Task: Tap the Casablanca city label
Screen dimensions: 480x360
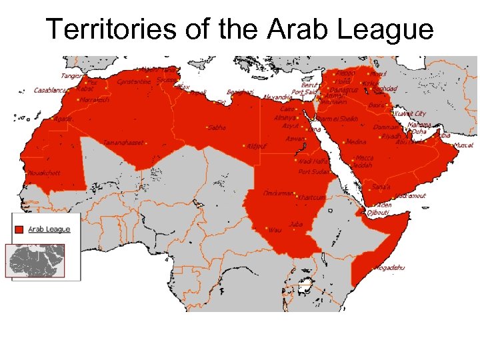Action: [51, 90]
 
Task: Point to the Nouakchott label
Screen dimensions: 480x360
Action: [43, 173]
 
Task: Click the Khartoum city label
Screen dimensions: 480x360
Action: [311, 197]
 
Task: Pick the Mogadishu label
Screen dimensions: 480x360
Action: [389, 268]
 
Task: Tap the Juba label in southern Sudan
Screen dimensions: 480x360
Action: [296, 224]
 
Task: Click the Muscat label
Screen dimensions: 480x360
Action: [463, 145]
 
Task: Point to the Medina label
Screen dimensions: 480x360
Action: [356, 141]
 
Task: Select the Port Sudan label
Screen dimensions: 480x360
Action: [314, 171]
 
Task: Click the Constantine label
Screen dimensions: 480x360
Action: [134, 82]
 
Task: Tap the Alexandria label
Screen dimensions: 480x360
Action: [277, 97]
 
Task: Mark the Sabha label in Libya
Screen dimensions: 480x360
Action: [217, 127]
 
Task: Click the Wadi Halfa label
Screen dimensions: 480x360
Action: [313, 161]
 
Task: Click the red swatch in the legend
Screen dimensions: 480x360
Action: [19, 229]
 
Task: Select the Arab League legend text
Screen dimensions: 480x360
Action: [49, 229]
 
